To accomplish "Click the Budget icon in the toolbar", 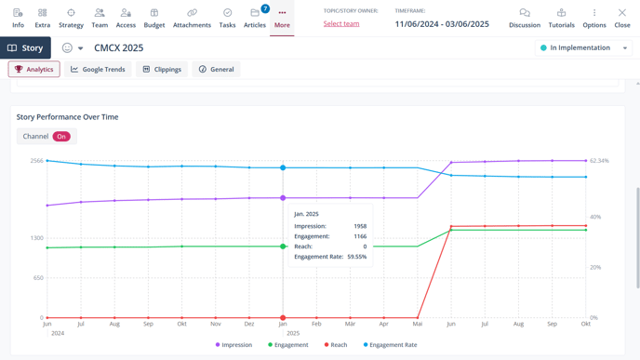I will click(x=154, y=18).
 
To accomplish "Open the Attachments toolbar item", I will click(x=192, y=18).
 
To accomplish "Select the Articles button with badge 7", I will click(x=255, y=18).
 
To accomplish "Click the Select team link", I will click(x=341, y=23).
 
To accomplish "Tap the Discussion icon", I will click(x=524, y=18).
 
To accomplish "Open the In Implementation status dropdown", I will click(x=583, y=47).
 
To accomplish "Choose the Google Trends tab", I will click(x=98, y=69).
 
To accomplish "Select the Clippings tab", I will click(x=162, y=69).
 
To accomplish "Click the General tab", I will click(x=216, y=69).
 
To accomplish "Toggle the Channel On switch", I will click(x=61, y=137).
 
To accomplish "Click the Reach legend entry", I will click(x=336, y=345).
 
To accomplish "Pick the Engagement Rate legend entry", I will click(x=391, y=345).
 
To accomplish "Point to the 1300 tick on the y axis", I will click(x=36, y=238).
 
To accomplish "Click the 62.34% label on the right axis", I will click(x=599, y=161).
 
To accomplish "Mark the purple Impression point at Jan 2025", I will click(x=283, y=198).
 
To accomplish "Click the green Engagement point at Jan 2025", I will click(x=283, y=247).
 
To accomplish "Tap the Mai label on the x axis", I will click(x=418, y=324).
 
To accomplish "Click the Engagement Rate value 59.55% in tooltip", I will click(x=355, y=257).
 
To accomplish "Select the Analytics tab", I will click(x=33, y=69).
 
